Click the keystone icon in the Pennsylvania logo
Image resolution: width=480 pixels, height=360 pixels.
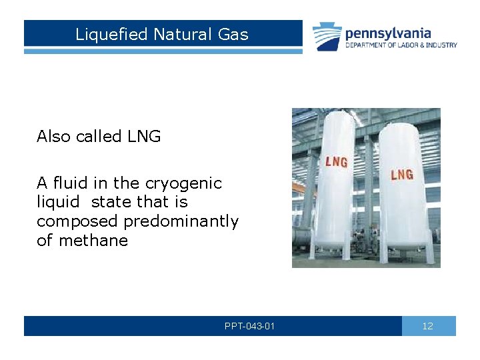[x=327, y=37]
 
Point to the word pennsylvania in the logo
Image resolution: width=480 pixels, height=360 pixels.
[x=387, y=33]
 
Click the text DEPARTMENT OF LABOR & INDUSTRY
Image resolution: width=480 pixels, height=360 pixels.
[x=401, y=45]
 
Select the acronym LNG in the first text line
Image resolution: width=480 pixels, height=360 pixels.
[x=143, y=137]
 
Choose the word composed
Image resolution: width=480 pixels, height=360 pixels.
[x=69, y=221]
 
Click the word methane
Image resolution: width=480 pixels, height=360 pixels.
[x=93, y=241]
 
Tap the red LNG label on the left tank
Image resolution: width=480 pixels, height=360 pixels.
[x=335, y=162]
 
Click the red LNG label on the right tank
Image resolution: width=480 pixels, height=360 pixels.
[x=401, y=175]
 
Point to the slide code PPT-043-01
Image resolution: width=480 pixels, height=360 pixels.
[x=249, y=326]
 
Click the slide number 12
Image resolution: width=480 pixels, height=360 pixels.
[x=428, y=326]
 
